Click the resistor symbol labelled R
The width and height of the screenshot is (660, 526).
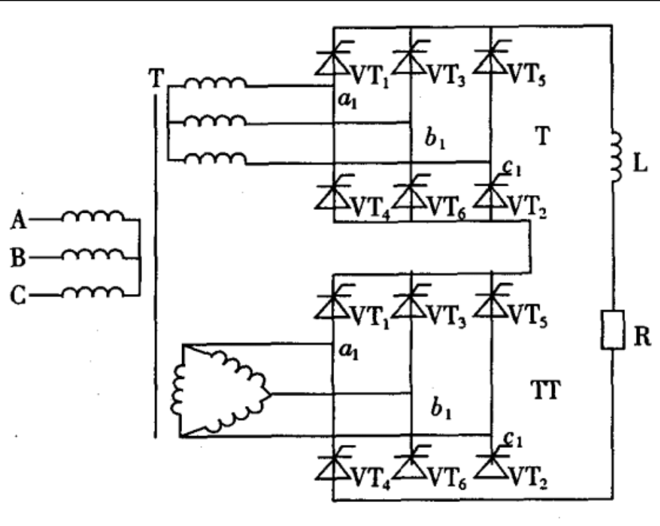612,330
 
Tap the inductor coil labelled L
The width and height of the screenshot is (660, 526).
615,157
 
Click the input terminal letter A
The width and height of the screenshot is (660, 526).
18,220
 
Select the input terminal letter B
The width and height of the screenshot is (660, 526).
17,257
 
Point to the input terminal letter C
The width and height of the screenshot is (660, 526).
18,295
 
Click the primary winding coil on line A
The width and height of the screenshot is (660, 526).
93,215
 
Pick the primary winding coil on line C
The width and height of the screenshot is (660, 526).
93,292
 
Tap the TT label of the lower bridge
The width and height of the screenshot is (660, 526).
546,390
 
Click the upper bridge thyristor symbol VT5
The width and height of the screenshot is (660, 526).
491,61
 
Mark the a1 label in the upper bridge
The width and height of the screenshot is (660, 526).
348,100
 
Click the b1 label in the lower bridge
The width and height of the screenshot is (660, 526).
440,408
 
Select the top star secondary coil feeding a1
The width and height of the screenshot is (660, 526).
215,82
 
